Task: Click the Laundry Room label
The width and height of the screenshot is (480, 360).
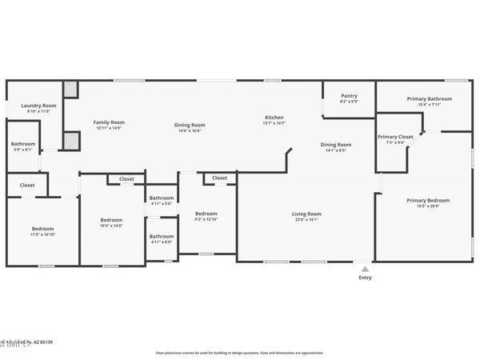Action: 38,106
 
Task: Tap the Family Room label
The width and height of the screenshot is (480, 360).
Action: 110,122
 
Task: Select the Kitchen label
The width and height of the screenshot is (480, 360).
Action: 274,117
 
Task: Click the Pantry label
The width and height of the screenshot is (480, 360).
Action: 349,95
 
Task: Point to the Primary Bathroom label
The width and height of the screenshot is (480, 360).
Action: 429,98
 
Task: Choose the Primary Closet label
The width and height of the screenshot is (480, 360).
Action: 395,137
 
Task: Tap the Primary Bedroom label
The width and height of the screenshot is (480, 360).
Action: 427,200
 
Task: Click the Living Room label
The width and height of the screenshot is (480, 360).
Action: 306,214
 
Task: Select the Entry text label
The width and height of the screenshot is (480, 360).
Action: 365,278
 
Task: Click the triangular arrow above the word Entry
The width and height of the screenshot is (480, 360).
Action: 365,269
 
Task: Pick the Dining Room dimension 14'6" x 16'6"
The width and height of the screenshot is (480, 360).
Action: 190,130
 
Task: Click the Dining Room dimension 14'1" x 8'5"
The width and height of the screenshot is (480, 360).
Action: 336,150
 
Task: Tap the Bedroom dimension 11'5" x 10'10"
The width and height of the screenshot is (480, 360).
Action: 42,234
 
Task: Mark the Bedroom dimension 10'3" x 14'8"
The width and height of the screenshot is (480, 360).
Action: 111,226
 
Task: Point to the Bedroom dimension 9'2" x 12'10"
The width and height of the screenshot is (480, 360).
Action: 206,219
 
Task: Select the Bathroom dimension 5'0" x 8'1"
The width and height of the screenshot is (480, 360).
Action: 22,150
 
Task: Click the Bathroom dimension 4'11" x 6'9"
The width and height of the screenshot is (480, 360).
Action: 162,242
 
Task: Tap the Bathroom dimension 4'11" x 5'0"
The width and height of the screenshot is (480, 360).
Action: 162,203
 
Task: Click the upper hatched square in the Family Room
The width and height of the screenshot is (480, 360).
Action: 71,90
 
